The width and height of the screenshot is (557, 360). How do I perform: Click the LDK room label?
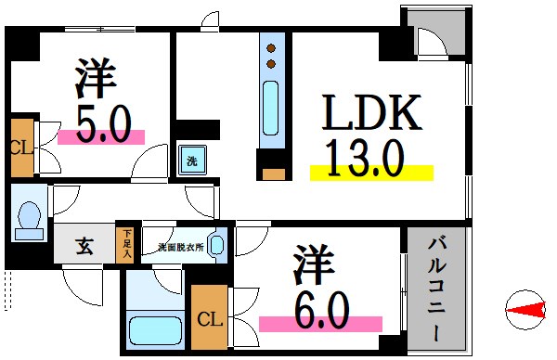pyautogui.click(x=372, y=113)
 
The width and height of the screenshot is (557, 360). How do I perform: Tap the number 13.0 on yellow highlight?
pyautogui.click(x=364, y=157)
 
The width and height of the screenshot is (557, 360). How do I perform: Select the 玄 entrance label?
pyautogui.click(x=84, y=247)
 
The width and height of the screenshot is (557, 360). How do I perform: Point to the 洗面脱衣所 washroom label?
pyautogui.click(x=178, y=247)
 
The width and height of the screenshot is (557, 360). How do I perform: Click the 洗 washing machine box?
pyautogui.click(x=192, y=160)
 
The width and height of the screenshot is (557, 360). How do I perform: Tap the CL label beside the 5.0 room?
pyautogui.click(x=20, y=147)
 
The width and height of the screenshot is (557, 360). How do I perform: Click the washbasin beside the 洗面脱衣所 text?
pyautogui.click(x=216, y=246)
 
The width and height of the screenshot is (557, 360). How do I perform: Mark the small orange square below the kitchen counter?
pyautogui.click(x=273, y=173)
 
